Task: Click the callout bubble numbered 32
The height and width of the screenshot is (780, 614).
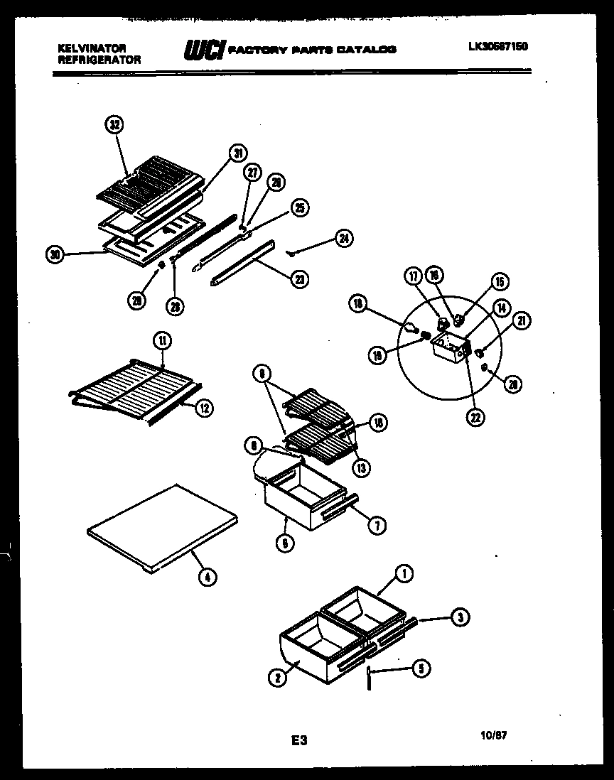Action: click(x=114, y=125)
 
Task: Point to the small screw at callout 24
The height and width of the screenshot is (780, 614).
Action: click(x=293, y=251)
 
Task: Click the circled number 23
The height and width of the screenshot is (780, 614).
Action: click(x=301, y=279)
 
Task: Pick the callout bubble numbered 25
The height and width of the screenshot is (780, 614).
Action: click(x=300, y=207)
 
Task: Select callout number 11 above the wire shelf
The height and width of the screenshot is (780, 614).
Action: click(x=163, y=340)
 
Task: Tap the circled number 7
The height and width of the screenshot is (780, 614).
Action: click(x=377, y=526)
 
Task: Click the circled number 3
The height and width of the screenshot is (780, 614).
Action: click(x=460, y=618)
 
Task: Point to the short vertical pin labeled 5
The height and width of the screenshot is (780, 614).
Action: click(x=370, y=678)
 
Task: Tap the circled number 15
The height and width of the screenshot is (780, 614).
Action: click(x=499, y=282)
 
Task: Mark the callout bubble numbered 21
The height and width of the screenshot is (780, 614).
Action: click(x=522, y=322)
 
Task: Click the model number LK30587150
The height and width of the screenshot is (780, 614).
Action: click(x=497, y=48)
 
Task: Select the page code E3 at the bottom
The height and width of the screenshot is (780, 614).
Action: click(x=298, y=740)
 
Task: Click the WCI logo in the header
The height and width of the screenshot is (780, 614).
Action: click(x=205, y=50)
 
